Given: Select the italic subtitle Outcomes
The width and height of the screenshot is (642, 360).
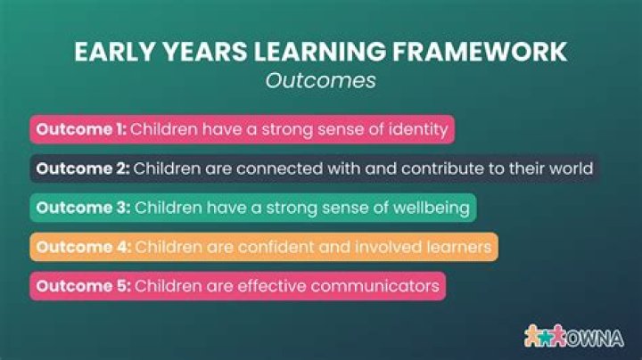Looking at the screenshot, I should [x=320, y=79].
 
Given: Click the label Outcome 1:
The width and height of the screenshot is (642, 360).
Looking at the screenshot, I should [x=80, y=129].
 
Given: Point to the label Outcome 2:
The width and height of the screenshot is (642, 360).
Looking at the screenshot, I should [x=80, y=168].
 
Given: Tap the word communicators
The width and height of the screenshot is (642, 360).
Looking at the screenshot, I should [x=374, y=286].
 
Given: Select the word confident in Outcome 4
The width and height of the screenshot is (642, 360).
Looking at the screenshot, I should [x=267, y=247].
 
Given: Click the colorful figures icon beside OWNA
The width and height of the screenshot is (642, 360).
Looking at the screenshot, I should [x=546, y=337].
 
